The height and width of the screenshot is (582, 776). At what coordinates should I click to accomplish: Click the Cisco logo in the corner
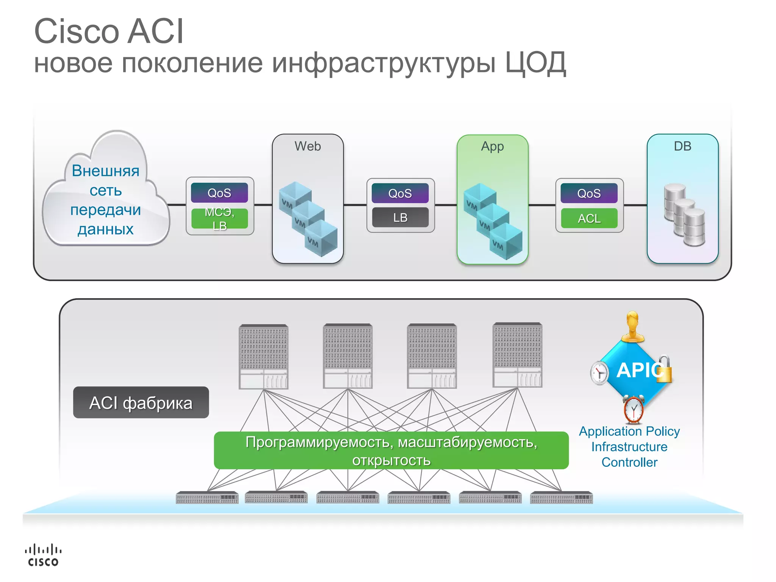[x=43, y=555]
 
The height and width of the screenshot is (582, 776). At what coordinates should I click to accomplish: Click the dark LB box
[x=400, y=217]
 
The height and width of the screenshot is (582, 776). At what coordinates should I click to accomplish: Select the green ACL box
[x=589, y=219]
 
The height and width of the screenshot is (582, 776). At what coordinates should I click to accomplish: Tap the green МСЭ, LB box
[x=219, y=219]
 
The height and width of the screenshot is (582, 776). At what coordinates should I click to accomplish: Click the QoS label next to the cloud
[x=219, y=193]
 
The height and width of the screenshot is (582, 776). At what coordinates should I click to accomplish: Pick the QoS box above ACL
[x=589, y=193]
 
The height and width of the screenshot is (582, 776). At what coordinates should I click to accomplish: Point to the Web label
[x=307, y=146]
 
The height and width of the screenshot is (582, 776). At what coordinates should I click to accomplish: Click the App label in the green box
[x=492, y=146]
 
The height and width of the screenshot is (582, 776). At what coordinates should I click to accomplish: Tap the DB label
[x=682, y=146]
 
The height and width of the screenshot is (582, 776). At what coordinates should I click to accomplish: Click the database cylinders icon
[x=684, y=214]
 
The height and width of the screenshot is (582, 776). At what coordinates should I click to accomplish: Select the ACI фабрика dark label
[x=141, y=402]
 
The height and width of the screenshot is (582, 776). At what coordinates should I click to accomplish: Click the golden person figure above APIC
[x=632, y=327]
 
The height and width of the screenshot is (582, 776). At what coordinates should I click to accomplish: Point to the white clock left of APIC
[x=599, y=372]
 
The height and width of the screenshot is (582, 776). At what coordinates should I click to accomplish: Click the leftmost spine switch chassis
[x=263, y=356]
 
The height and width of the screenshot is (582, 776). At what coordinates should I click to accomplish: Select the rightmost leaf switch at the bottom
[x=561, y=498]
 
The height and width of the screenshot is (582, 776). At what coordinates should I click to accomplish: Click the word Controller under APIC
[x=629, y=462]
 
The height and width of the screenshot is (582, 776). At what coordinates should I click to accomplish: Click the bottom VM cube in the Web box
[x=321, y=239]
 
